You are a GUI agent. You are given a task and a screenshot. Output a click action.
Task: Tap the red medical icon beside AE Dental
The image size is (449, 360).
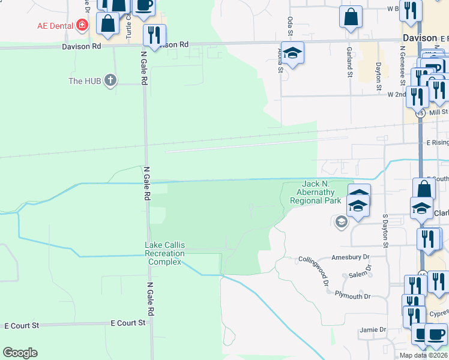tap(82, 26)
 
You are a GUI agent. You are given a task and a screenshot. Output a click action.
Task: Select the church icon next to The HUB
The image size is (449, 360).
tap(110, 80)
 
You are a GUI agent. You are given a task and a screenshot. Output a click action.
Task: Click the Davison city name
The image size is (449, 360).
tap(420, 38)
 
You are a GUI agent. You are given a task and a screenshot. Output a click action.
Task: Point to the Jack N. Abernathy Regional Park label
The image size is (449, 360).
tap(315, 192)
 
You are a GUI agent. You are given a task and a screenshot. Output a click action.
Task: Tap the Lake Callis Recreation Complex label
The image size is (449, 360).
tap(164, 254)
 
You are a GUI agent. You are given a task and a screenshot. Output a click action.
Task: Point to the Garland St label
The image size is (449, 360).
tap(349, 63)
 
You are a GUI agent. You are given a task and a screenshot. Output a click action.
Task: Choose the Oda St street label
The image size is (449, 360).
tap(290, 26)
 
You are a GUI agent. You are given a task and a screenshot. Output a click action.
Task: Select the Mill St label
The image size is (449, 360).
tap(439, 112)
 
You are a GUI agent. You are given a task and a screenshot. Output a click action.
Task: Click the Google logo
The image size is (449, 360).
tap(20, 353)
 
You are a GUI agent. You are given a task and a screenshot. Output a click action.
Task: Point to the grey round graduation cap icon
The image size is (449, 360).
tap(341, 223)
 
